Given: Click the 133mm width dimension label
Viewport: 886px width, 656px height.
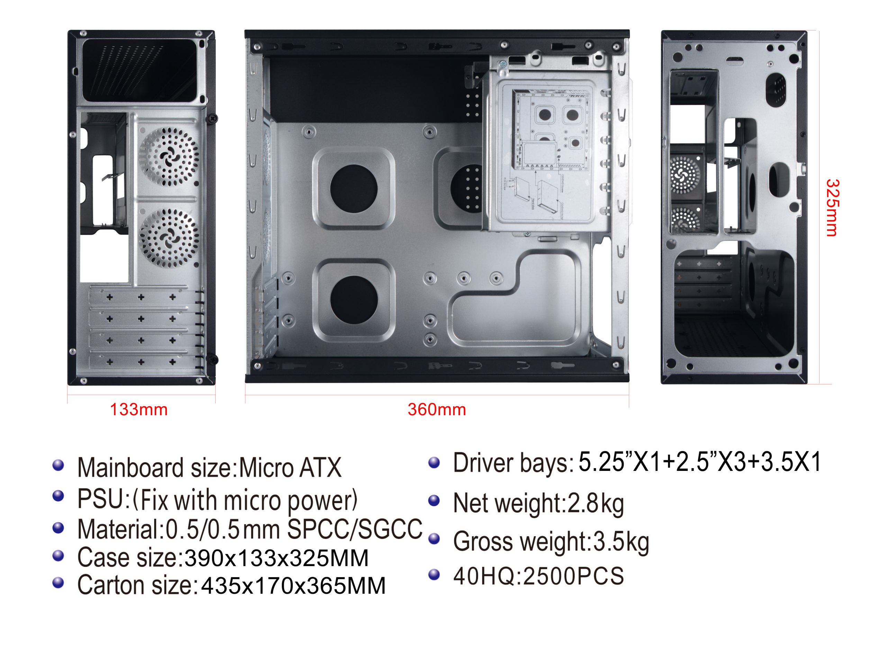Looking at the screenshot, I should tap(138, 409).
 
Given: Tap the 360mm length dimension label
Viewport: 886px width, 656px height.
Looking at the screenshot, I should tap(436, 409).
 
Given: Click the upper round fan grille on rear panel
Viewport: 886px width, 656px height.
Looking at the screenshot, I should tap(169, 157).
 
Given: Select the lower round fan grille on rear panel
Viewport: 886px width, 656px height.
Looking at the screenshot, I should tap(169, 238).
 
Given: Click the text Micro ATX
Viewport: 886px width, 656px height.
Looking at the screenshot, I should tap(290, 467).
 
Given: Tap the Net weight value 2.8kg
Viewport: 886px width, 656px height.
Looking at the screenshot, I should tap(596, 503).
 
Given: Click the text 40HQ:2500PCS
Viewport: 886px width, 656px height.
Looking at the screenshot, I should tap(539, 576).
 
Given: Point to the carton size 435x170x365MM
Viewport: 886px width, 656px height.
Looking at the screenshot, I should tap(293, 586).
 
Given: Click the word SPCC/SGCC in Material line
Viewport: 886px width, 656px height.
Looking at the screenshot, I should tap(355, 529).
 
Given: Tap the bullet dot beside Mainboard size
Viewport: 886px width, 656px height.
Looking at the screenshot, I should tap(58, 465).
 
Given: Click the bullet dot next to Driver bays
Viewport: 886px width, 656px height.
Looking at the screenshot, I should tap(434, 462).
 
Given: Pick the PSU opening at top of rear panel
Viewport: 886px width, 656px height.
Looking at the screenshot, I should tap(139, 70).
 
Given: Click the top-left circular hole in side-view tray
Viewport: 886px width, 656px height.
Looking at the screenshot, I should tap(353, 189).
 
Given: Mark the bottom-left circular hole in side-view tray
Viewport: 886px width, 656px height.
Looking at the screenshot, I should tap(354, 300).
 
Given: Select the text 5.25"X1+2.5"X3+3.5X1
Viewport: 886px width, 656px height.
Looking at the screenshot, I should tap(699, 462).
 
